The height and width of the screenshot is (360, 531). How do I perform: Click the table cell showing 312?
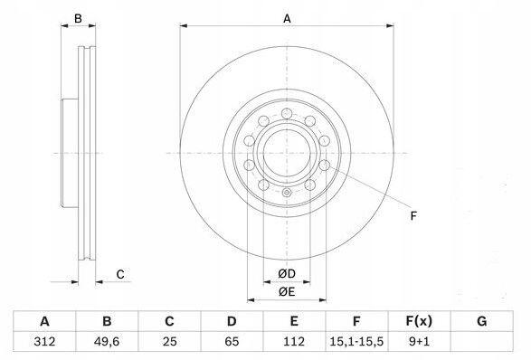(44, 341)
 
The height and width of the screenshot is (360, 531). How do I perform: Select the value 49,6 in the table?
(107, 341)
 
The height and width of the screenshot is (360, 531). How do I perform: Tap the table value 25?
(169, 341)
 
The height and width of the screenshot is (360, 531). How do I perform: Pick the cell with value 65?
(232, 341)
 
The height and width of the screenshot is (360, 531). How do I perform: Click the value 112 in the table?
(294, 341)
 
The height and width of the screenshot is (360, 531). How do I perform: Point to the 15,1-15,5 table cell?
(356, 341)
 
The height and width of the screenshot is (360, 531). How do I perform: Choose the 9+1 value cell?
(419, 341)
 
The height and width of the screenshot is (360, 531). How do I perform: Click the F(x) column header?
(419, 321)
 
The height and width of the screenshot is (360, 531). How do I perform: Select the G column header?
(481, 321)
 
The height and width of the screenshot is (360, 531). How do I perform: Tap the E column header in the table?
(294, 321)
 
